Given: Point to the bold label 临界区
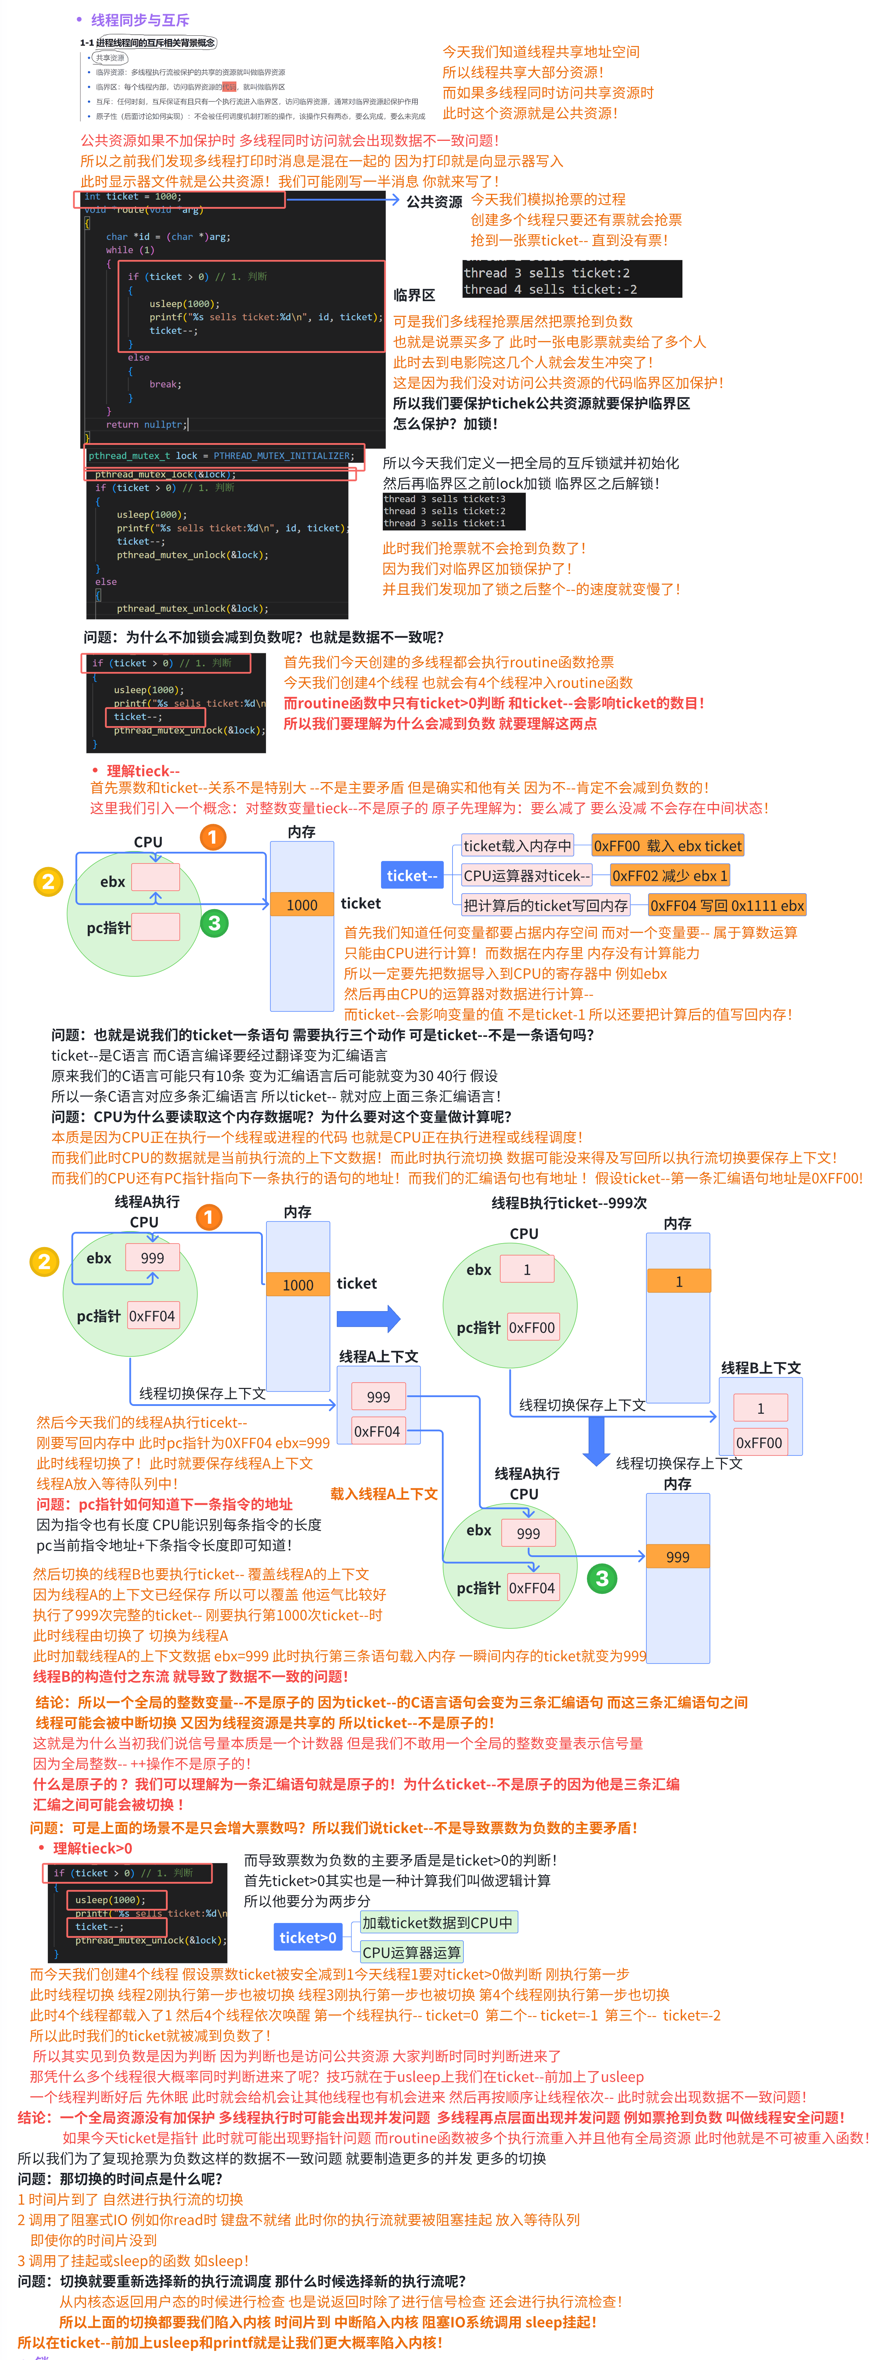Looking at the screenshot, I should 414,295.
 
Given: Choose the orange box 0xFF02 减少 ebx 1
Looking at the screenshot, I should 670,876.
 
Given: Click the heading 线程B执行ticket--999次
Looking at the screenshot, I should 569,1203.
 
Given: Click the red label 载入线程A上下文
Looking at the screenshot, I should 384,1494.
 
